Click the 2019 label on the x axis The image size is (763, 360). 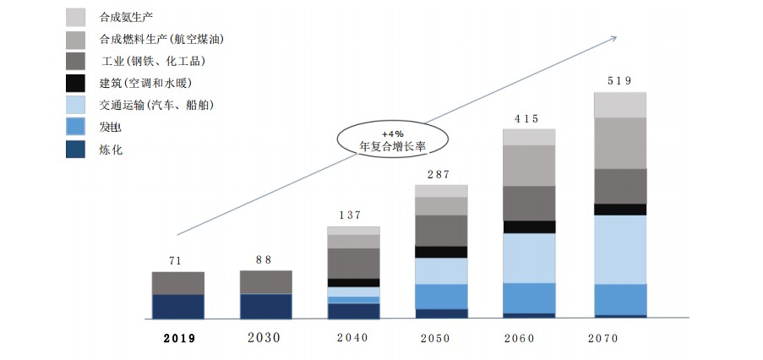pos(178,338)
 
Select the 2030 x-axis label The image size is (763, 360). pos(264,337)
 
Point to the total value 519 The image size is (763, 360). pos(619,81)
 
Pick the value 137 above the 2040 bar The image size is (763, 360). pos(352,215)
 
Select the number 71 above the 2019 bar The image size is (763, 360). pos(175,260)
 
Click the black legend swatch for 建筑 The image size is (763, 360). pos(75,83)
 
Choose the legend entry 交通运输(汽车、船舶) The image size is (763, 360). pos(156,106)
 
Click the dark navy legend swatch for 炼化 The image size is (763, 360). pos(75,150)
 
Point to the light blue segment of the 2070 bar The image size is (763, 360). pos(619,249)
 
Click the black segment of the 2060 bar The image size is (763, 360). pos(529,226)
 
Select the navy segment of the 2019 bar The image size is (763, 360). pos(178,306)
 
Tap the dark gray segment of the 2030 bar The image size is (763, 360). pos(266,282)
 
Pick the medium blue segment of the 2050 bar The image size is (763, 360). pos(441,297)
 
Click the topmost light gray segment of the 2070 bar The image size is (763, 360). pos(619,105)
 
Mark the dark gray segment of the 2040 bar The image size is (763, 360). pos(353,263)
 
